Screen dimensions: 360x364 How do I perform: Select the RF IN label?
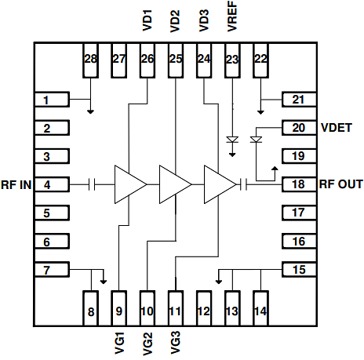tap(16, 185)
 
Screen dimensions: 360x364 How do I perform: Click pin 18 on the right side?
tap(298, 184)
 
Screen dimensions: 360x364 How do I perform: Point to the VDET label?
tap(336, 127)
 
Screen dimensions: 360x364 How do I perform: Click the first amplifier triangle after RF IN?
tap(129, 184)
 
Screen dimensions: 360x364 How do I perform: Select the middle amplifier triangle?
tap(174, 184)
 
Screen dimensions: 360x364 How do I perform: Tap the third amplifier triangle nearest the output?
tap(219, 184)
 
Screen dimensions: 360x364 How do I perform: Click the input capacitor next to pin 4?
tap(93, 184)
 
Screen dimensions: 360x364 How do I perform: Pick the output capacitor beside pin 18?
tap(246, 184)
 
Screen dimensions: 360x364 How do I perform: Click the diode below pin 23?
tap(231, 140)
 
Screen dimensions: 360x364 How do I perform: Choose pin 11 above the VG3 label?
tap(176, 304)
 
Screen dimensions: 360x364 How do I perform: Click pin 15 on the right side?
tap(298, 270)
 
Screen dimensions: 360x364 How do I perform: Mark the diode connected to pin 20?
tap(255, 140)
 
